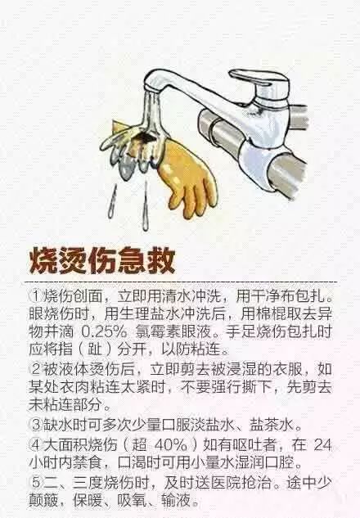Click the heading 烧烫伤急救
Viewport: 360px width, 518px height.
click(x=102, y=261)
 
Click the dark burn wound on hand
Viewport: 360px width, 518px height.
click(x=145, y=137)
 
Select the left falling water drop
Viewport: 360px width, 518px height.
click(x=112, y=201)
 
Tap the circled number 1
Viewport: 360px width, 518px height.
click(x=35, y=296)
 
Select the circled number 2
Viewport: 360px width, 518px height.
click(x=35, y=369)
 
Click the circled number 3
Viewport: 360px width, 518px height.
click(x=35, y=424)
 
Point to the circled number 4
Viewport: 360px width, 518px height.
click(x=35, y=444)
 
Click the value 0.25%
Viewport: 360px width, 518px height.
click(x=101, y=332)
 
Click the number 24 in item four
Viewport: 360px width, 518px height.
click(x=322, y=444)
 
